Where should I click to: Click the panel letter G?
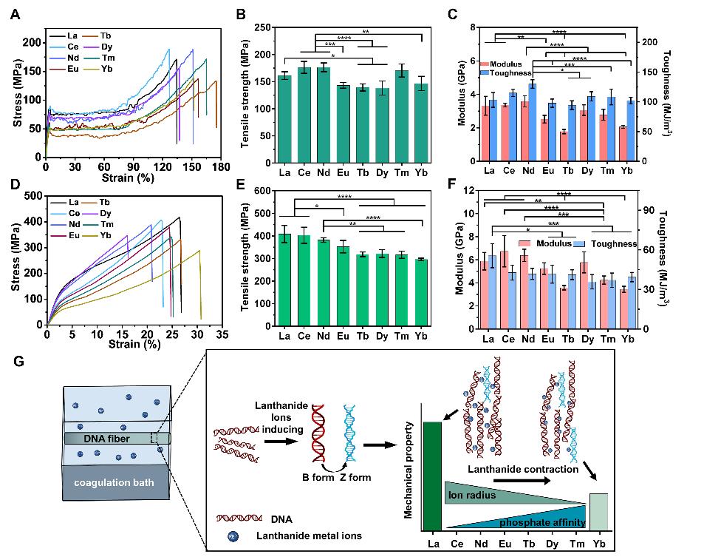click(x=20, y=362)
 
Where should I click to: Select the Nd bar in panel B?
click(x=324, y=115)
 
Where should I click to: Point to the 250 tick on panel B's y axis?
click(x=260, y=27)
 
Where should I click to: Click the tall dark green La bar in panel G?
click(x=431, y=476)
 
